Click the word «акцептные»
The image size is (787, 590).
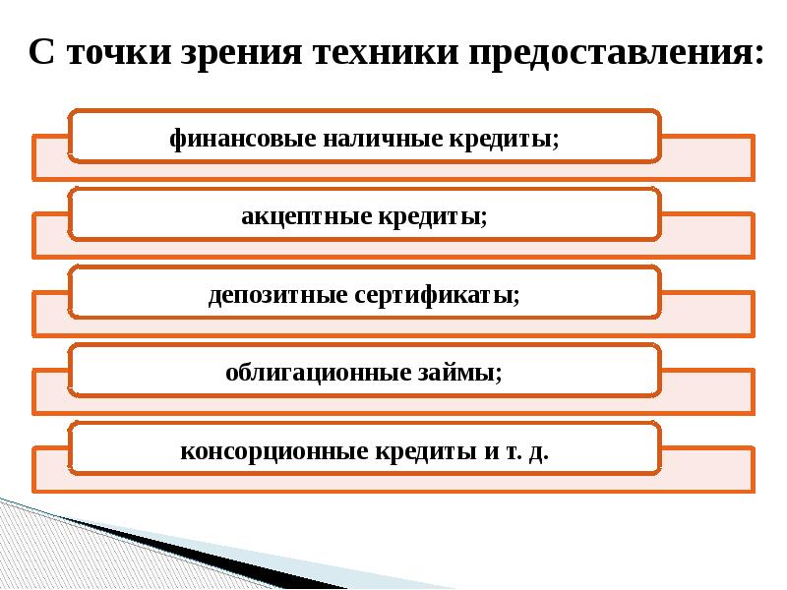tap(302, 216)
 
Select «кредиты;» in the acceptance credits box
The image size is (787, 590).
tap(430, 216)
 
